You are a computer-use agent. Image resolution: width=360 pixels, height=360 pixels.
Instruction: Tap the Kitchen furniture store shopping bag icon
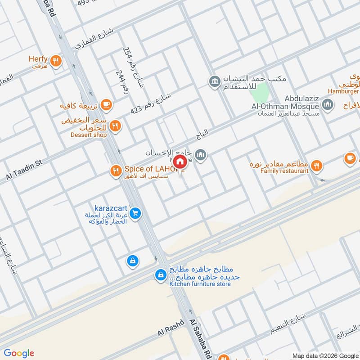160,274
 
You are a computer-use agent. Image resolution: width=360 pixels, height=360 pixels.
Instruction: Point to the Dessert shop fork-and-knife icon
116,126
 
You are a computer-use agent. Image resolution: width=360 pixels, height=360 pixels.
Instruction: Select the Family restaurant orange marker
317,166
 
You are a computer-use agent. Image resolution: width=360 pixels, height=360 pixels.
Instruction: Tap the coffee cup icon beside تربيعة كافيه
106,104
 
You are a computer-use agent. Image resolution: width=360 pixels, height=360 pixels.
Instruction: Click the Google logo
19,353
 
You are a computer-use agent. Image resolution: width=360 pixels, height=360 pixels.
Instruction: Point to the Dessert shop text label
88,135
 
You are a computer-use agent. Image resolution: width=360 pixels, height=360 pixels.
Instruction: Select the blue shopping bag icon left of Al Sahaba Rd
132,261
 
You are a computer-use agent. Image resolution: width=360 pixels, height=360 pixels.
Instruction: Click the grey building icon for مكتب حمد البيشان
214,81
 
